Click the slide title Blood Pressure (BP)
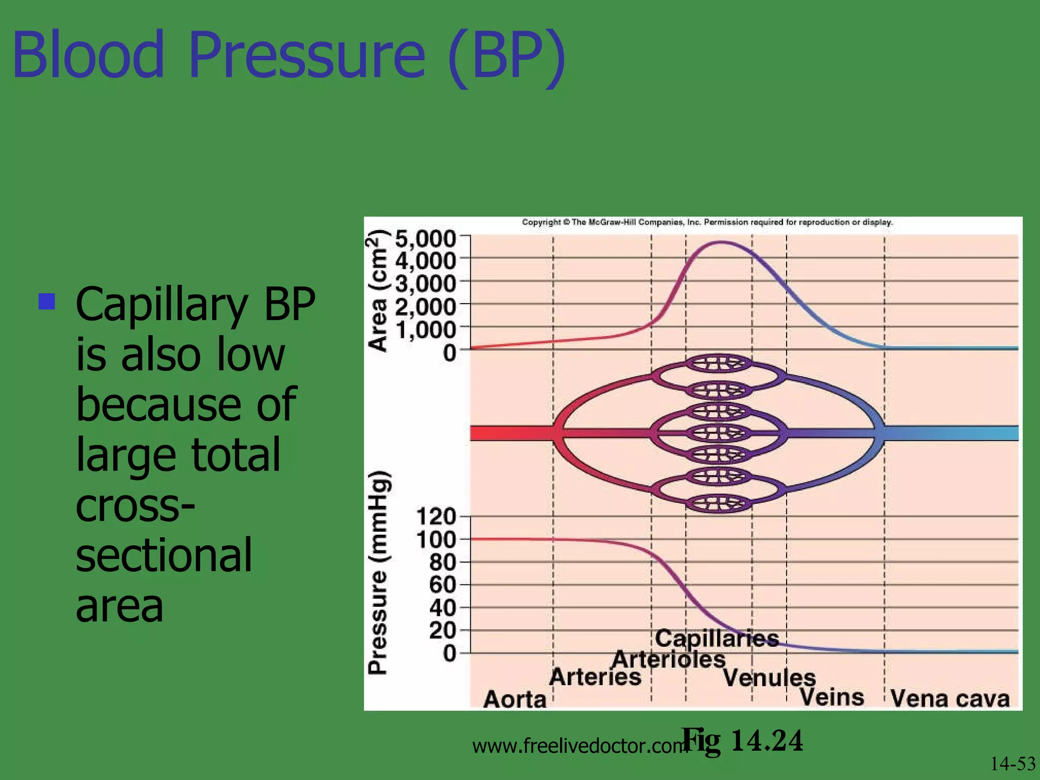288,56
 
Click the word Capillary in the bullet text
161,306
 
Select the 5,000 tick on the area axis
426,238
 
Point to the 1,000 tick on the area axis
426,330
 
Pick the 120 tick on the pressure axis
436,517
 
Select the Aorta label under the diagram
514,699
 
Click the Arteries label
595,677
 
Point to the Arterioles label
668,660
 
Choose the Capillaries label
717,638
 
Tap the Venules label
769,677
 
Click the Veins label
832,697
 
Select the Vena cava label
950,698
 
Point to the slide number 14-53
1013,764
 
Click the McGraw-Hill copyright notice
707,222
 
